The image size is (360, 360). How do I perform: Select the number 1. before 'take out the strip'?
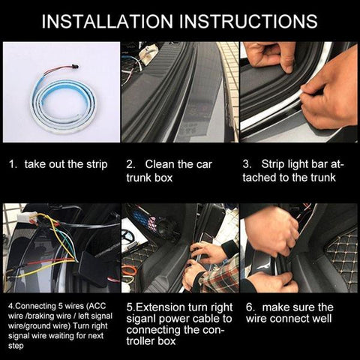[13, 163]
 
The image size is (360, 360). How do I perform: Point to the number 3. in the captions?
[246, 163]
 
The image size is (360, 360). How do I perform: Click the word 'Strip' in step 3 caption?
[278, 163]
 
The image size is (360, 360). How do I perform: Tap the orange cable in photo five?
[130, 270]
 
